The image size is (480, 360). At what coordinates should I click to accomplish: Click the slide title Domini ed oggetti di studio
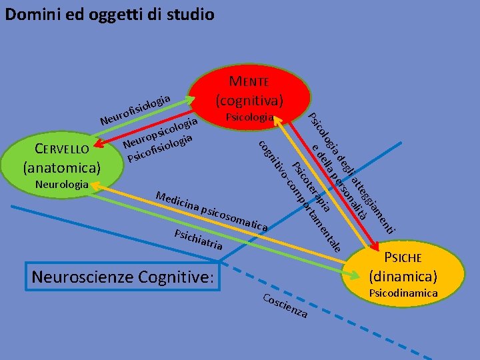tap(109, 13)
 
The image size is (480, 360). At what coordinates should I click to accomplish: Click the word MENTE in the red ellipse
tap(249, 82)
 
